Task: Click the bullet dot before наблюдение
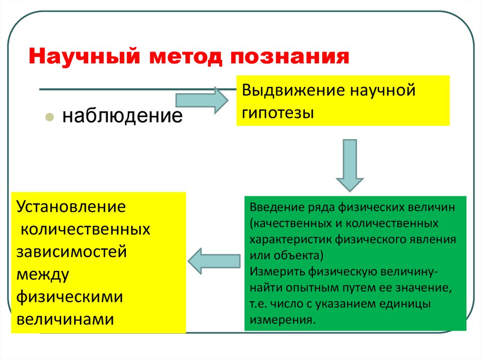(48, 116)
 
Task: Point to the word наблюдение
(122, 115)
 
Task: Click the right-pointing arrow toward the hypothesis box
(201, 100)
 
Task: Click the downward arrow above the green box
(349, 165)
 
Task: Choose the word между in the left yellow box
(43, 274)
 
